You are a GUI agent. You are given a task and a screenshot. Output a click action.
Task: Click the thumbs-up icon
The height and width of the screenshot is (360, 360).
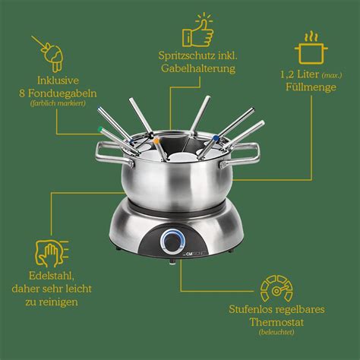(198, 32)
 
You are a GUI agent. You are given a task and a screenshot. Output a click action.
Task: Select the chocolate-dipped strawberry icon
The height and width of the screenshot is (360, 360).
(50, 54)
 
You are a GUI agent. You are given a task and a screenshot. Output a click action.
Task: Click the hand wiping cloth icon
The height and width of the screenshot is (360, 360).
(52, 254)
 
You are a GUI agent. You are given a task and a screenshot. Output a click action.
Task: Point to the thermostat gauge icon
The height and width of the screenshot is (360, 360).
(276, 289)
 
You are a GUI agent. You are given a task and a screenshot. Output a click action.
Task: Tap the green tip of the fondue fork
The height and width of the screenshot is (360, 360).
(101, 129)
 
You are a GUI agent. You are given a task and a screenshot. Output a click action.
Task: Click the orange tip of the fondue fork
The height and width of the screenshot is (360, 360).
(156, 140)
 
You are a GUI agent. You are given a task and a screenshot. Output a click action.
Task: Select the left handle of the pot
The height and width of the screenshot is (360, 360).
(114, 154)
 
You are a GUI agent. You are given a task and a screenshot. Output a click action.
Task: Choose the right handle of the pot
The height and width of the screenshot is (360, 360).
(241, 156)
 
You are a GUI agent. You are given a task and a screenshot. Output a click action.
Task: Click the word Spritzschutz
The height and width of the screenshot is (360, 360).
(187, 55)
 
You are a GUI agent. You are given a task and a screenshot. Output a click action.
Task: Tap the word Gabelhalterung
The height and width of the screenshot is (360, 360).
(198, 68)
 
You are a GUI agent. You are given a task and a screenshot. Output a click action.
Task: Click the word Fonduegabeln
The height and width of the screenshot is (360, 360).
(62, 93)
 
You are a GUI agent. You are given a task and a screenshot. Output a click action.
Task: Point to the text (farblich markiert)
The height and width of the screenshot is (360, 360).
(58, 103)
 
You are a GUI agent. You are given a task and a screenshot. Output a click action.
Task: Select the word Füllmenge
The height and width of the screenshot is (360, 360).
(311, 87)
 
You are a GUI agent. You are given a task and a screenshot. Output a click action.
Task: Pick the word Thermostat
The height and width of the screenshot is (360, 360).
(276, 322)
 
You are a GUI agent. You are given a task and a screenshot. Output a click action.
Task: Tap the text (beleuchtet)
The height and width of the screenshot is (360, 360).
(276, 332)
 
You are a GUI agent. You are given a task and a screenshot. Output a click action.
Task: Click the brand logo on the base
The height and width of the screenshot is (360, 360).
(197, 253)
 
